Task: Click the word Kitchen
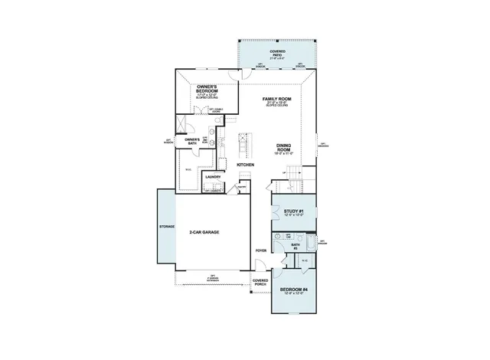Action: [x=246, y=186]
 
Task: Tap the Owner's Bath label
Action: [x=192, y=140]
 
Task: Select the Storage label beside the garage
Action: [x=167, y=227]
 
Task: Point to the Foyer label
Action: [x=260, y=250]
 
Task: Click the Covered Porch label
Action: [x=260, y=283]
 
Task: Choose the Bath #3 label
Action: [x=295, y=246]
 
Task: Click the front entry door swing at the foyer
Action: [x=261, y=267]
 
